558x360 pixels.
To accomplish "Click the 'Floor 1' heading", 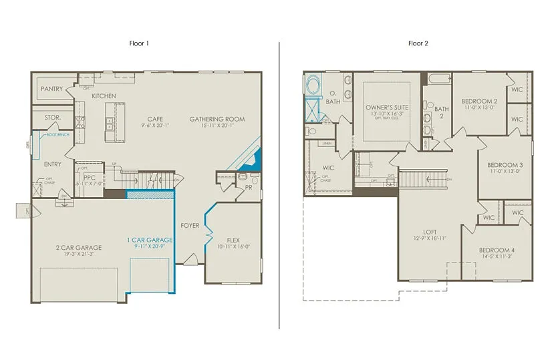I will pyautogui.click(x=139, y=43).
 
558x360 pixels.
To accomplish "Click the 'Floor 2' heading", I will pyautogui.click(x=418, y=43).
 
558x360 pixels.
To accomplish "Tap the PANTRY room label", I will pyautogui.click(x=52, y=89).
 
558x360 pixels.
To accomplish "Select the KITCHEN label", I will pyautogui.click(x=104, y=96).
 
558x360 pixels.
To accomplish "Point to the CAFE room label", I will pyautogui.click(x=156, y=120).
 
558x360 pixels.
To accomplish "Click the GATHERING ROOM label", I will pyautogui.click(x=217, y=120).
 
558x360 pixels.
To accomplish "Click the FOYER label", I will pyautogui.click(x=190, y=226).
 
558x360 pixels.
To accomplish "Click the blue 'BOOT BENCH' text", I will pyautogui.click(x=57, y=135).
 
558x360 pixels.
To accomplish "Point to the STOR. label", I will pyautogui.click(x=53, y=118).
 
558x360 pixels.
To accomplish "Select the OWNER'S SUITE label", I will pyautogui.click(x=387, y=107).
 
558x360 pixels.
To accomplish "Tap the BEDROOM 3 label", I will pyautogui.click(x=505, y=165).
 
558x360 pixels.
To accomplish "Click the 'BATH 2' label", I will pyautogui.click(x=442, y=112).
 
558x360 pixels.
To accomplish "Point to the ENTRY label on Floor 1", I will pyautogui.click(x=52, y=164).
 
